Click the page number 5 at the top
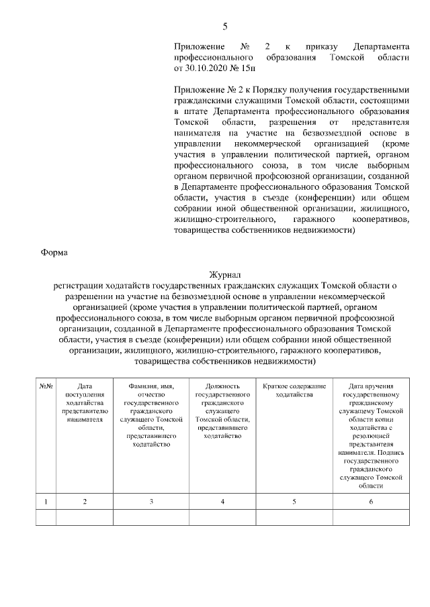click(x=225, y=26)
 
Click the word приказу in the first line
click(x=319, y=47)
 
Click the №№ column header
click(x=46, y=386)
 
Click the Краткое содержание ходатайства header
click(x=294, y=390)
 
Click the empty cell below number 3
click(x=150, y=517)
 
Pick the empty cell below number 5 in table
click(x=294, y=517)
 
